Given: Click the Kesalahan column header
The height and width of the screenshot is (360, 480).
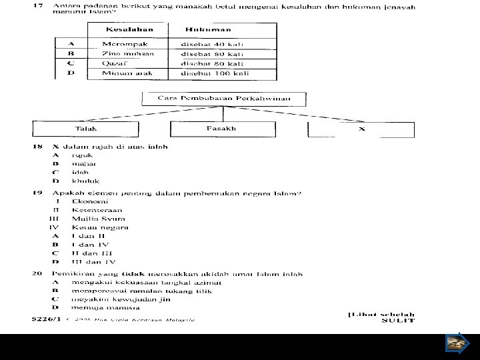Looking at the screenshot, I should (129, 30).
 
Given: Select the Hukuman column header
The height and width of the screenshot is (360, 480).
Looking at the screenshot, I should (208, 30).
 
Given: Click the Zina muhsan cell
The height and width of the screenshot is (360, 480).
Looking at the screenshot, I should (128, 53).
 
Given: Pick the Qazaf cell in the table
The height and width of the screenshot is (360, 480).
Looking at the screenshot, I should (115, 63).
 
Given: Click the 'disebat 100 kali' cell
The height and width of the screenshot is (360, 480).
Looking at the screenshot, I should (215, 73).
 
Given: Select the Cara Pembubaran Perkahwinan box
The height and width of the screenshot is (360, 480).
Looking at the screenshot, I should (224, 99).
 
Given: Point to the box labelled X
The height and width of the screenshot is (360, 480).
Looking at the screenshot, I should (361, 129).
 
